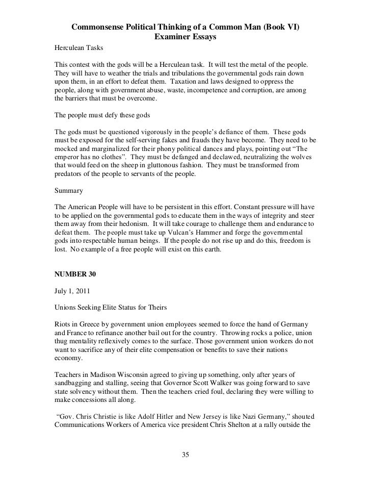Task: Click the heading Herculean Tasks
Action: click(78, 47)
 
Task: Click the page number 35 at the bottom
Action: click(186, 454)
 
